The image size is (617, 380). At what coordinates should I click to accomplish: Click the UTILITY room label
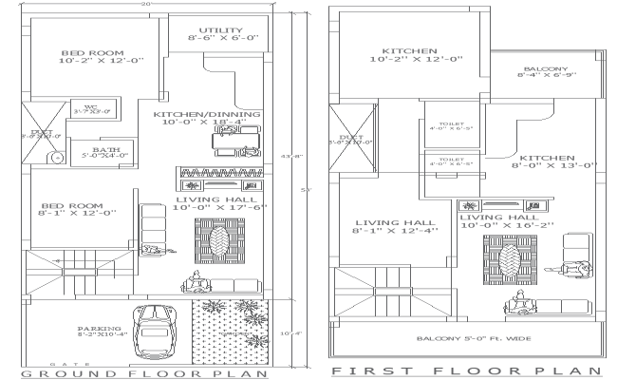pos(217,34)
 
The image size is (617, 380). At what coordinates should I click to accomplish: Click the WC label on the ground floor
pos(92,108)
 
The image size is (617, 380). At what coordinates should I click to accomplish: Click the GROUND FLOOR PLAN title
pos(142,373)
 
